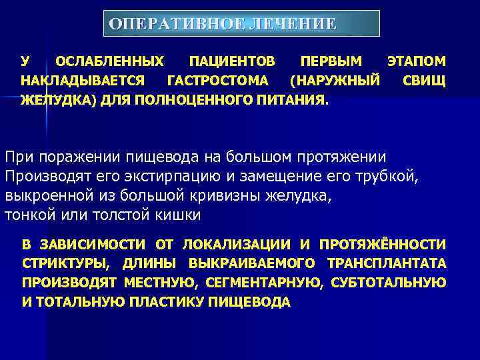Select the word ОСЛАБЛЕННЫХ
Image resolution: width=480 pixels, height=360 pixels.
(109, 62)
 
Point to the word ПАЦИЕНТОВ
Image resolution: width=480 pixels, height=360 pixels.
(231, 62)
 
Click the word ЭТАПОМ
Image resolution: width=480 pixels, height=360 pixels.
(417, 62)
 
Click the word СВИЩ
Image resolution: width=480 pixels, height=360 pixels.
(425, 81)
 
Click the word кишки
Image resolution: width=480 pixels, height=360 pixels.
(179, 215)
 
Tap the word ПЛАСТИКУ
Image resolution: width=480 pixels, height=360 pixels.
(169, 302)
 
